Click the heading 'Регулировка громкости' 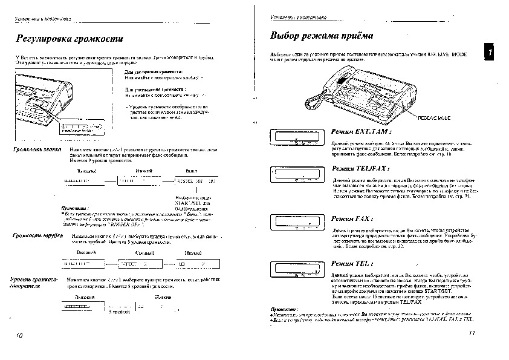70,40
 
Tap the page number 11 472,334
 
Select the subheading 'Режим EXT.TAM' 361,131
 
